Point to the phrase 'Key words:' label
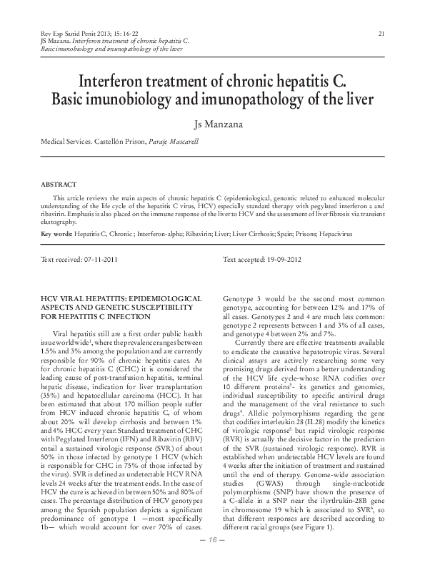[x=56, y=234]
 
